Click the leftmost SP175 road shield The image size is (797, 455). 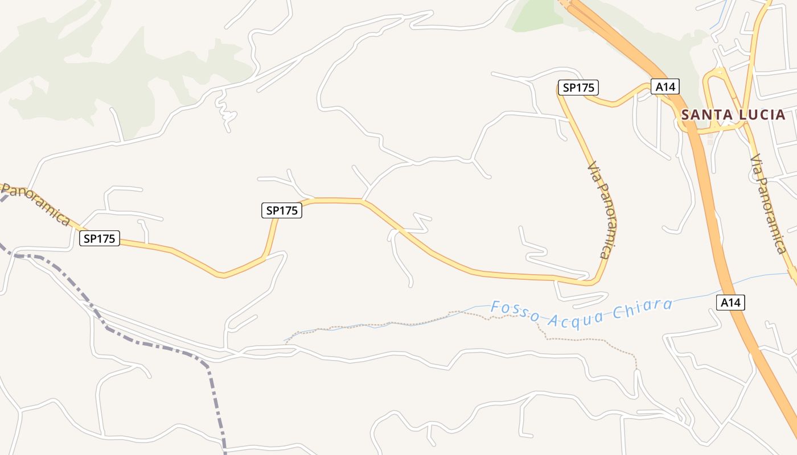coord(100,238)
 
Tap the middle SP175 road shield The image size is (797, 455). coord(282,210)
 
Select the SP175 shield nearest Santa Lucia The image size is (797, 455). coord(578,88)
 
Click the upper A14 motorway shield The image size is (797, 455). coord(665,86)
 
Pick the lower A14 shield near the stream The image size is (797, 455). coord(730,303)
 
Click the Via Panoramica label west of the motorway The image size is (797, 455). coord(603,210)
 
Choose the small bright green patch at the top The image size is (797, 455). coord(535,14)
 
